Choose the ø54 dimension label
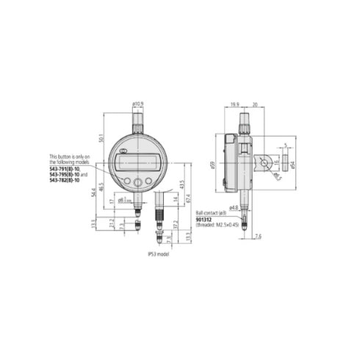(x=292, y=164)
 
